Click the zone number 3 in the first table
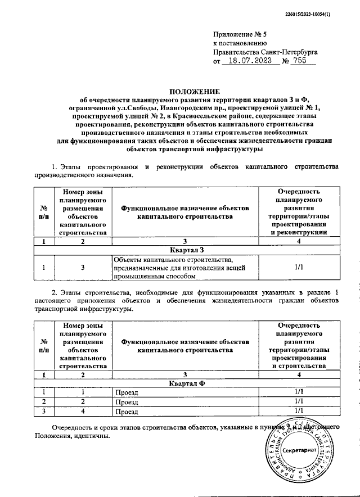[83, 268]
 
